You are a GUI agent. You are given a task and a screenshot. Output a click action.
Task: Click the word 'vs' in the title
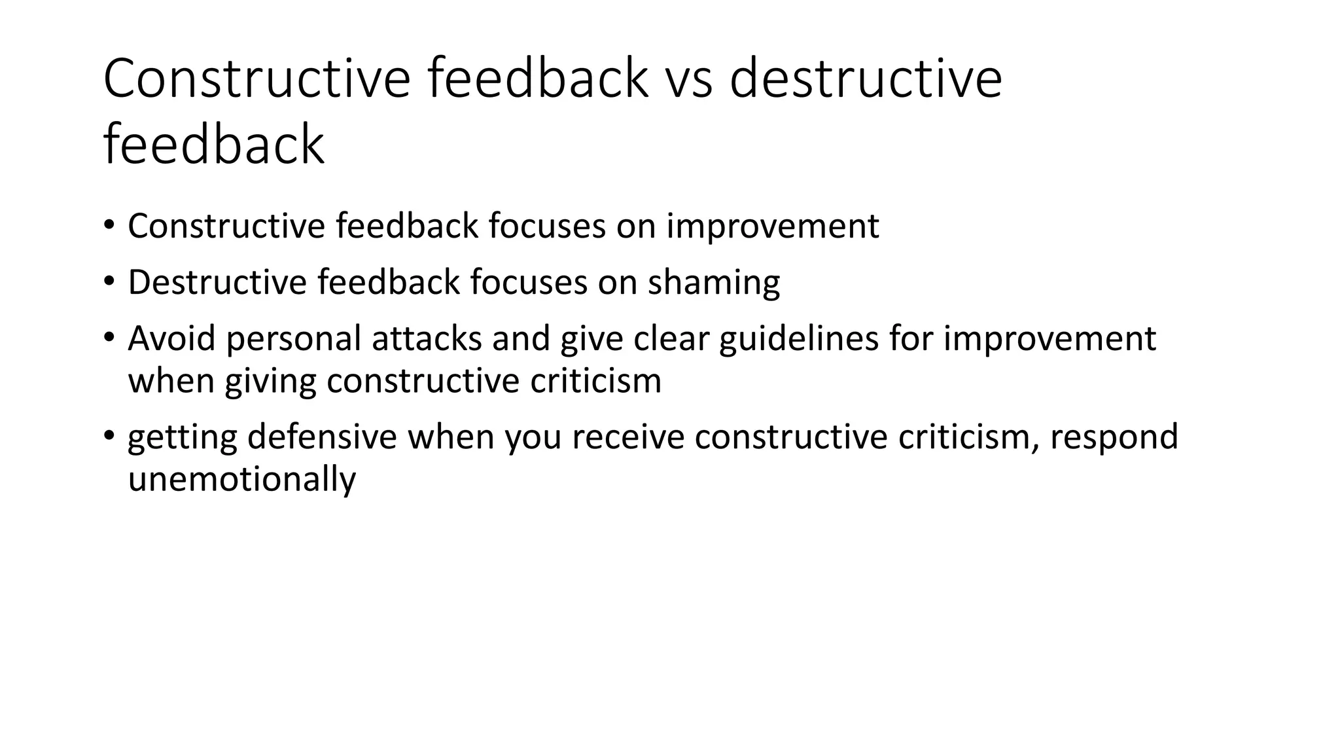(x=688, y=79)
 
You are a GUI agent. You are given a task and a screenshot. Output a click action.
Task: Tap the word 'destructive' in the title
(x=865, y=79)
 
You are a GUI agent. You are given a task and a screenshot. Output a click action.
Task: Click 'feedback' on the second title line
(x=213, y=145)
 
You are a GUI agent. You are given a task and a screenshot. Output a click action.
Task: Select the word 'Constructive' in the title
(x=257, y=79)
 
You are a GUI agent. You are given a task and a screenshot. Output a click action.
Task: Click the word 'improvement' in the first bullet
(x=772, y=226)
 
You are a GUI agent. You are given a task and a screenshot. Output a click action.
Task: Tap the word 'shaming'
(x=714, y=283)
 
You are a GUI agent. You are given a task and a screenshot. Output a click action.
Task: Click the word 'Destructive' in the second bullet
(x=217, y=283)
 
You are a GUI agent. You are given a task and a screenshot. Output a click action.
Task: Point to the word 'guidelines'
(x=799, y=339)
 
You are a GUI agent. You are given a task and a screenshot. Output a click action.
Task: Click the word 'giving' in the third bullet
(x=270, y=381)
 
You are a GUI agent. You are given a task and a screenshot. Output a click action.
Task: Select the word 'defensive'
(x=322, y=437)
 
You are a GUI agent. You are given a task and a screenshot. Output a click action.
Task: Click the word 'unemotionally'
(x=241, y=479)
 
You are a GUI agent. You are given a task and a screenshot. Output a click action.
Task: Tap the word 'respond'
(x=1114, y=437)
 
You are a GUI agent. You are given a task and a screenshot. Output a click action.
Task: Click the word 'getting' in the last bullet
(x=182, y=437)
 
